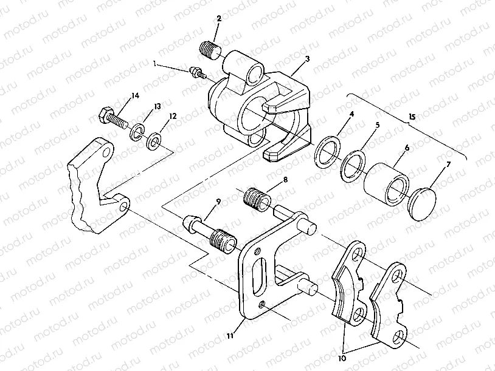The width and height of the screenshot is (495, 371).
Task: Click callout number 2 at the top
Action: [218, 19]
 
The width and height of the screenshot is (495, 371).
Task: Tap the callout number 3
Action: [308, 59]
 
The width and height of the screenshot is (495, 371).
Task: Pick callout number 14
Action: [134, 95]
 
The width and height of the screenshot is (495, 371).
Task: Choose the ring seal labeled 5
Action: [352, 164]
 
